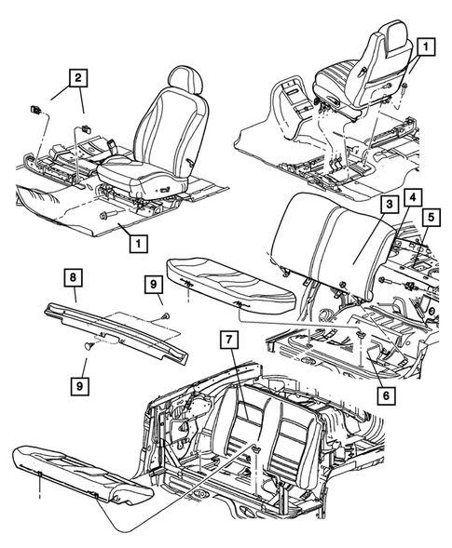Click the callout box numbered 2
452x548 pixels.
point(78,78)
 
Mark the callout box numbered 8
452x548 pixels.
point(71,275)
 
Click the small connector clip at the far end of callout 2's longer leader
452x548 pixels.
point(34,109)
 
